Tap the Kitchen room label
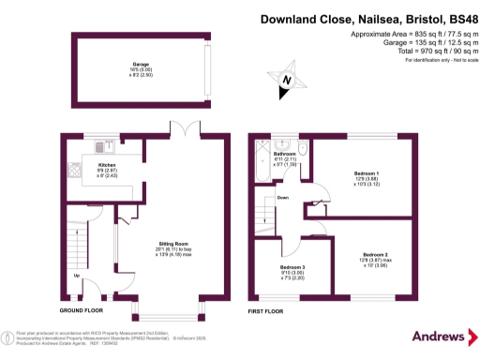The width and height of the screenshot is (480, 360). click(x=107, y=164)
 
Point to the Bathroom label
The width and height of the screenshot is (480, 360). click(x=284, y=153)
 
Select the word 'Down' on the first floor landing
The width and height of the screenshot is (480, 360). click(x=283, y=199)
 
